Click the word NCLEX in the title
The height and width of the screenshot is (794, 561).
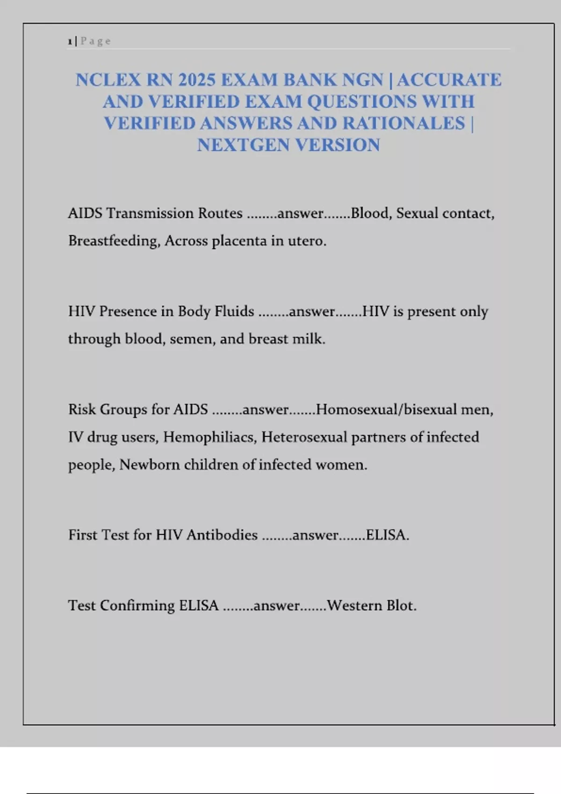pyautogui.click(x=108, y=80)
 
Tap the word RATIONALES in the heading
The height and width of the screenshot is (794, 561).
pyautogui.click(x=403, y=123)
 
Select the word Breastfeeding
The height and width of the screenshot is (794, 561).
pyautogui.click(x=114, y=241)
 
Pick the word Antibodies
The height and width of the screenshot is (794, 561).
pyautogui.click(x=222, y=535)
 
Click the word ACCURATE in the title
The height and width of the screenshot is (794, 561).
pyautogui.click(x=449, y=80)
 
